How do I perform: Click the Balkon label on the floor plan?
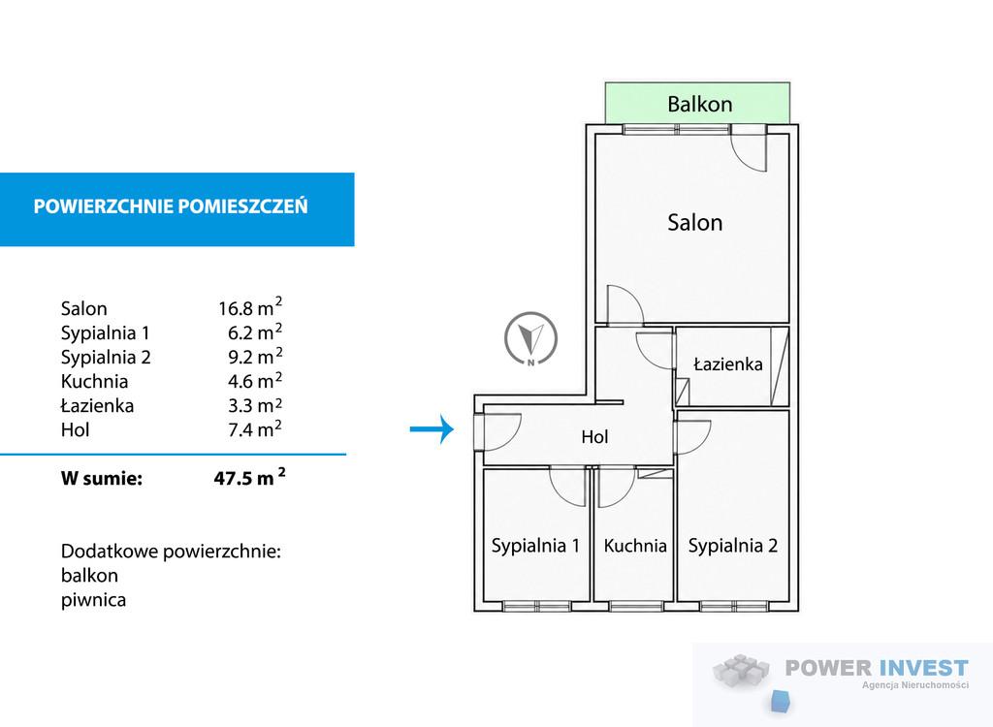700,104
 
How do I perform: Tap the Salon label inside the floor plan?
694,222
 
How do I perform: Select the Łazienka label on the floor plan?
727,364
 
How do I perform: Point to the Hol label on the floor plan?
594,436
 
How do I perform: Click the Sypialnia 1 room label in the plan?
535,545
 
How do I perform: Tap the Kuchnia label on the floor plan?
635,545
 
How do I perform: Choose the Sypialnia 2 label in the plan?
733,545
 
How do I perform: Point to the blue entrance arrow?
432,429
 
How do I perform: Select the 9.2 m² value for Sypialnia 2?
255,356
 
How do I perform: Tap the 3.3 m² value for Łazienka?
255,404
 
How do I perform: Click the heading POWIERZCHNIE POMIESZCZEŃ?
171,206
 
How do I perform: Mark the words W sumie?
101,478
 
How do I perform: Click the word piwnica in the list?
93,600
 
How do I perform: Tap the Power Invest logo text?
877,668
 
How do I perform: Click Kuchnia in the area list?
94,381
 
